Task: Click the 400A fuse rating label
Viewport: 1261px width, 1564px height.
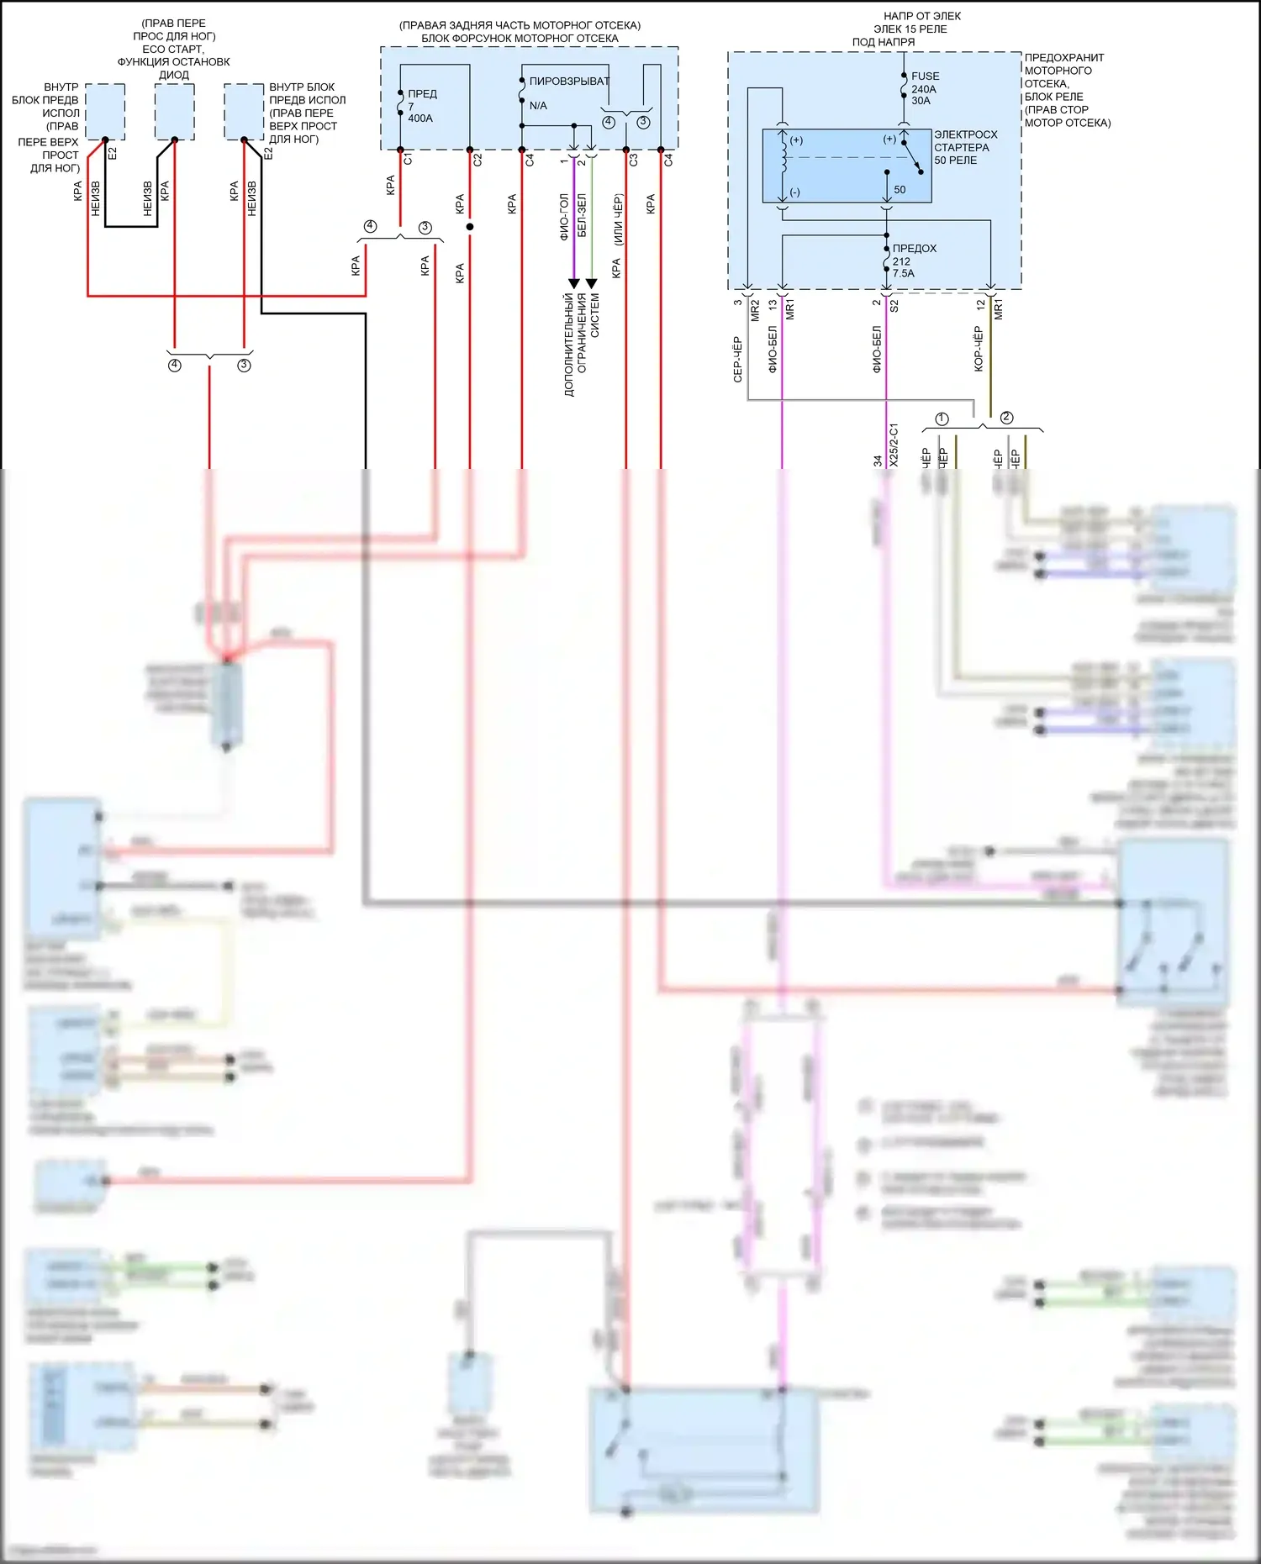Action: [420, 118]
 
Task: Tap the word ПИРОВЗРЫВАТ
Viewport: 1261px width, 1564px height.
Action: [569, 82]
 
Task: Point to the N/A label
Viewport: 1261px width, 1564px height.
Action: [538, 106]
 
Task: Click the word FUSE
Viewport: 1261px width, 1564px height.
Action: [926, 76]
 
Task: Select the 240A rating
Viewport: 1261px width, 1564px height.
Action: [924, 89]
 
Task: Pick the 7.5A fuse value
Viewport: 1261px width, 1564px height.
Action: [904, 274]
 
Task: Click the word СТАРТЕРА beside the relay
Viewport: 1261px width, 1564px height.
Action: [962, 147]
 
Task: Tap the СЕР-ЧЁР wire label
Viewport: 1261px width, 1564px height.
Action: [737, 360]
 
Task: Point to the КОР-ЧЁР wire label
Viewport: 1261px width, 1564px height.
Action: [978, 349]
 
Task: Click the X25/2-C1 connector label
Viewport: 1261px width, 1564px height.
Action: [894, 445]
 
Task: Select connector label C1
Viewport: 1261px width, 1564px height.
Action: [408, 159]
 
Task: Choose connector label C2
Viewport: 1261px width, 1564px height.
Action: [477, 160]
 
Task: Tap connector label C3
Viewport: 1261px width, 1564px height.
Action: [634, 160]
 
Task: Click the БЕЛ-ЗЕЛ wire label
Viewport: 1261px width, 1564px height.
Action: [582, 214]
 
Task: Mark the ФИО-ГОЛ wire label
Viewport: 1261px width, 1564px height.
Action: [564, 217]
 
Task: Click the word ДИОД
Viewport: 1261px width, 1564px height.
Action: [174, 75]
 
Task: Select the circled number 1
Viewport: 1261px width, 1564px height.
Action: [942, 419]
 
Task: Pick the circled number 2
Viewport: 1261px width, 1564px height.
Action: [1006, 418]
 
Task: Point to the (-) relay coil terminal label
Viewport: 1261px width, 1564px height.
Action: [794, 192]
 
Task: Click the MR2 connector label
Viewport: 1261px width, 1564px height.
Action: [755, 310]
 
